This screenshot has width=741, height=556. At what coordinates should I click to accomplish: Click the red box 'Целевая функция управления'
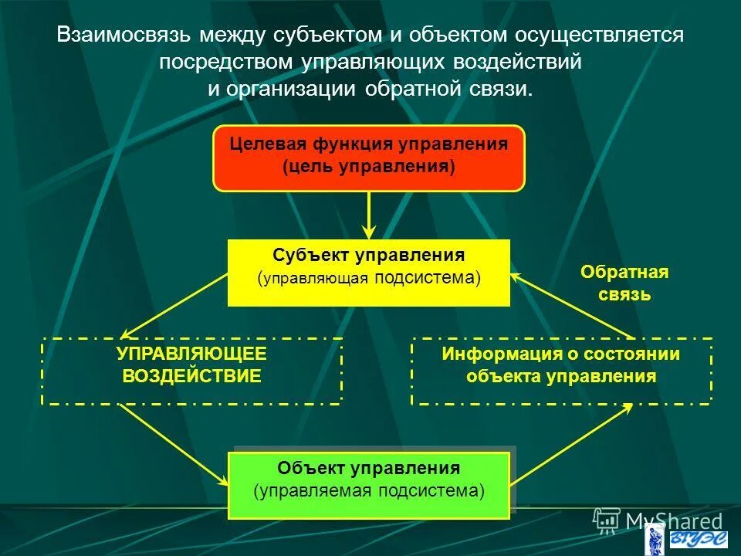369,158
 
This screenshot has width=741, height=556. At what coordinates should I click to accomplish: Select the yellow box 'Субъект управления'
369,272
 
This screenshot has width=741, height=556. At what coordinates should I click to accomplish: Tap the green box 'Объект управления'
369,485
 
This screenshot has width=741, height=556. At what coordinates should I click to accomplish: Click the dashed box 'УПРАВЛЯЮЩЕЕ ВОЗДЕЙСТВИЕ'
191,371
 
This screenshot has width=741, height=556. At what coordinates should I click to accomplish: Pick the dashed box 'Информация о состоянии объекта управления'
561,371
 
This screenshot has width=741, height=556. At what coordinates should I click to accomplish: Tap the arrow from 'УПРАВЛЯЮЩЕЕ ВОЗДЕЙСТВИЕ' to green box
174,445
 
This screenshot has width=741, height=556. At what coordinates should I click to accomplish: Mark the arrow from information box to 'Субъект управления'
571,305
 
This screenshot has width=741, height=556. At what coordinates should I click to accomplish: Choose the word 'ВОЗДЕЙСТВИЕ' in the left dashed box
191,377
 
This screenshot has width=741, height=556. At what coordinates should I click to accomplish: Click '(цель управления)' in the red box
369,167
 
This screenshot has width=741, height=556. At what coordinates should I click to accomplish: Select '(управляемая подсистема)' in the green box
369,491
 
